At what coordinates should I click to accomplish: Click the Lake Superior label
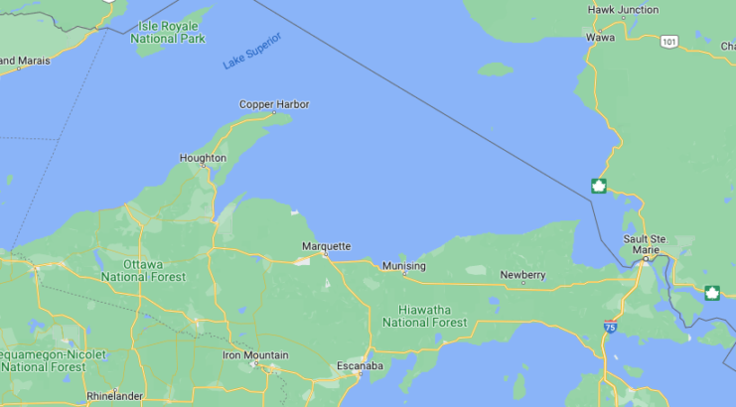252,51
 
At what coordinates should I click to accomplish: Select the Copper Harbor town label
274,104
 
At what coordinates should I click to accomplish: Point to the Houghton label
203,158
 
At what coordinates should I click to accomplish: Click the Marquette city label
327,246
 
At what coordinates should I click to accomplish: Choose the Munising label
404,266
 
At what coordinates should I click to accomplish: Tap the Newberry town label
522,274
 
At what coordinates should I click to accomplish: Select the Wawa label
600,37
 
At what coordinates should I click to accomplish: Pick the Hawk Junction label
623,10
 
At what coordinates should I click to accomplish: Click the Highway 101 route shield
669,41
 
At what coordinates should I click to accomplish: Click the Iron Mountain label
255,354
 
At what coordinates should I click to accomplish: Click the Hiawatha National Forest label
424,316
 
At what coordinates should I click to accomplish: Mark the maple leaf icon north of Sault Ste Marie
599,186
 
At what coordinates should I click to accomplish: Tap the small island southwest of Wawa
496,69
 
